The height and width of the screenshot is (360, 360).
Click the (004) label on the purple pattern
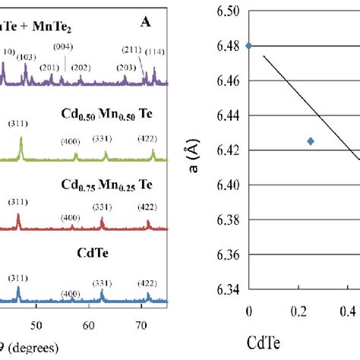pyautogui.click(x=63, y=48)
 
